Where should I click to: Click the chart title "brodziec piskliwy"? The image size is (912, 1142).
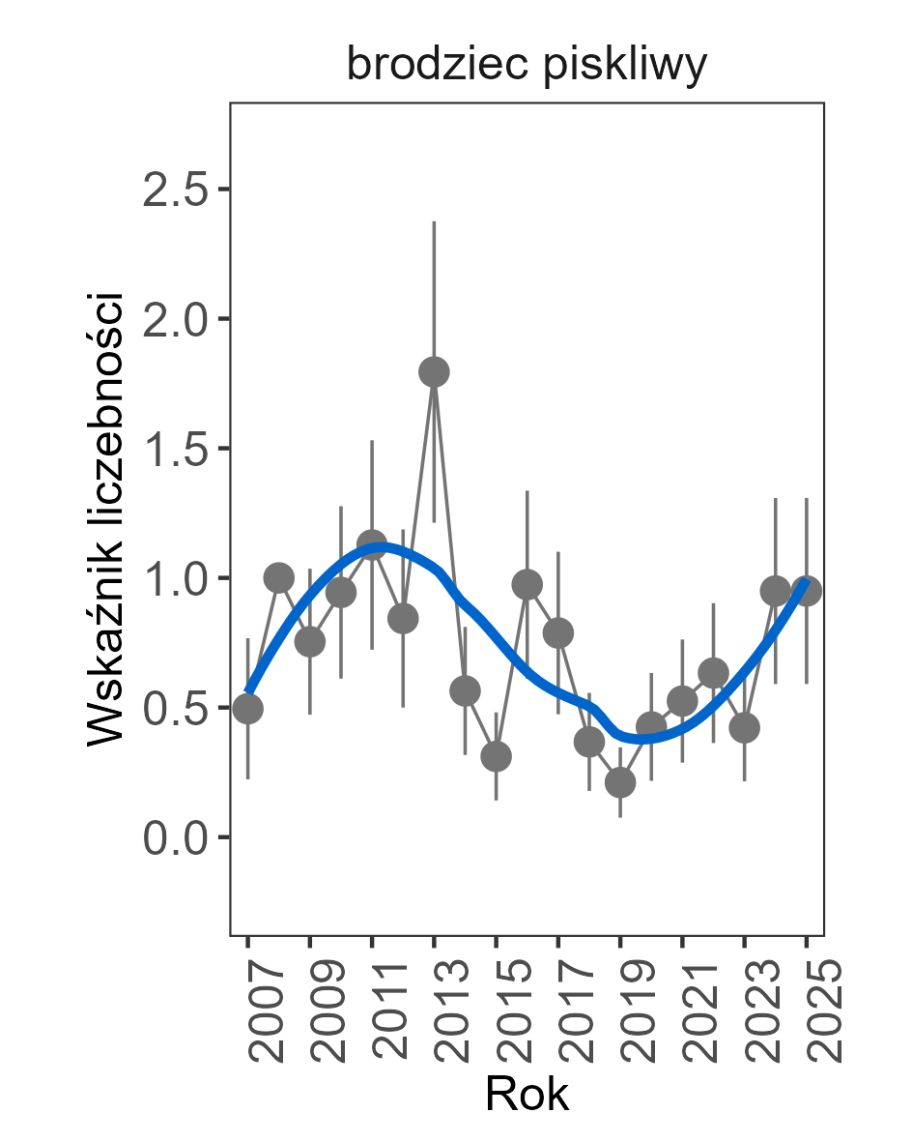(x=527, y=66)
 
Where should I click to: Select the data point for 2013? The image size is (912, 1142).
(x=434, y=371)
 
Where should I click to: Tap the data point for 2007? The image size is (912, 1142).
(x=248, y=709)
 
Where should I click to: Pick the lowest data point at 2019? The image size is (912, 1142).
(x=620, y=782)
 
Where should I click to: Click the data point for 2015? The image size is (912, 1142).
(x=496, y=756)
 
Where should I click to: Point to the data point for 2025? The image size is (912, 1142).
(x=807, y=590)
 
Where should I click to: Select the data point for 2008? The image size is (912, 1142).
(x=279, y=578)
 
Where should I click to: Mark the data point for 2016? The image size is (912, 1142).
(x=527, y=584)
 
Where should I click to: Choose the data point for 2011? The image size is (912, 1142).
(x=372, y=543)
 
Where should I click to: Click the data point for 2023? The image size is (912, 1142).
(x=744, y=727)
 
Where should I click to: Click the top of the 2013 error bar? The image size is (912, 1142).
(x=434, y=222)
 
